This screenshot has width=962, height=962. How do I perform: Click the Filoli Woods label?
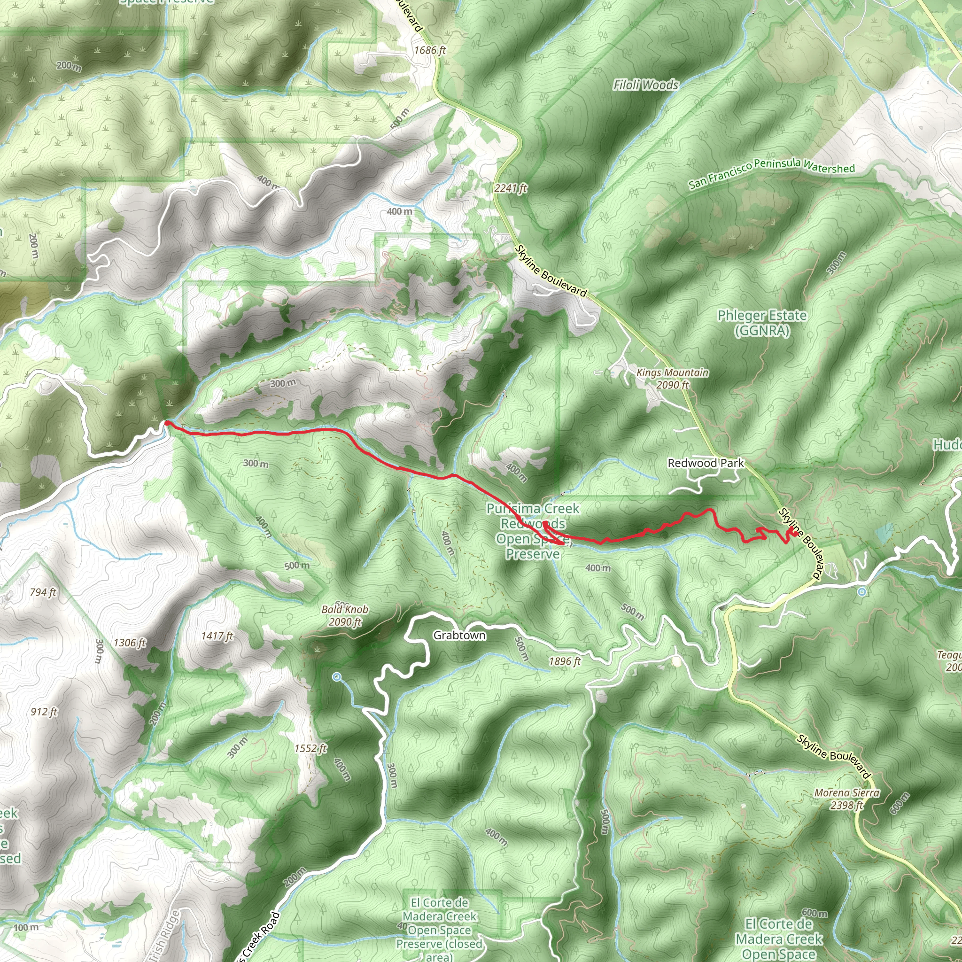[x=645, y=85]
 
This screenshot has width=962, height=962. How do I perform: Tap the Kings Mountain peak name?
[x=672, y=373]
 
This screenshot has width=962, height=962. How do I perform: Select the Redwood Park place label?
[x=706, y=463]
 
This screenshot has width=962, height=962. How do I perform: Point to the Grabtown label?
[x=459, y=636]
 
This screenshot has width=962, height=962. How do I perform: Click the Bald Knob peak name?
[x=345, y=609]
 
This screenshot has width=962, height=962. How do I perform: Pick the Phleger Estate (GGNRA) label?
[x=762, y=323]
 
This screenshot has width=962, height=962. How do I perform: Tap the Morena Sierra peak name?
[x=847, y=793]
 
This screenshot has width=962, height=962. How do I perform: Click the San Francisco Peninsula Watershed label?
[x=771, y=173]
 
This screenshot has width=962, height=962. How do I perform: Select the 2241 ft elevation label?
[x=511, y=188]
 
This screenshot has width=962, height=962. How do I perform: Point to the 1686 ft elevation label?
[x=430, y=50]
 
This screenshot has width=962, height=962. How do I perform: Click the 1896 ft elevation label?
[x=565, y=661]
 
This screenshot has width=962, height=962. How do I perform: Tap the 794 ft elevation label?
[x=43, y=592]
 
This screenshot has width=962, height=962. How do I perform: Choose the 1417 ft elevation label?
[x=217, y=636]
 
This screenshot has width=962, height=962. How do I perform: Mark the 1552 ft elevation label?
[x=310, y=748]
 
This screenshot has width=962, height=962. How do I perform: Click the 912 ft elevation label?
[x=44, y=712]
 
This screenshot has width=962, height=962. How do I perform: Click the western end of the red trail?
[x=166, y=423]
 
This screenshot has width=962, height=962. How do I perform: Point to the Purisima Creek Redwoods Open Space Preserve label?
[x=533, y=531]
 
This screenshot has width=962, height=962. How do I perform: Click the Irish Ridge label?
[x=163, y=936]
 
